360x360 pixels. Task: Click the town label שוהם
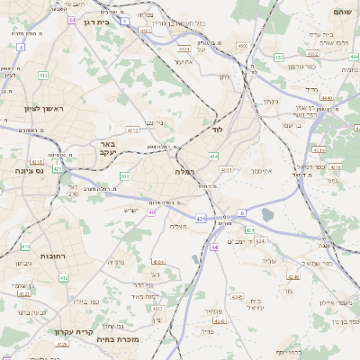[x=341, y=13]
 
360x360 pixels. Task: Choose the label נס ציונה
[x=30, y=169]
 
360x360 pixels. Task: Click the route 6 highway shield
[x=241, y=212]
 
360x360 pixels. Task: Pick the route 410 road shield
[x=25, y=247]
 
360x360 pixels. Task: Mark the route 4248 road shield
[x=237, y=296]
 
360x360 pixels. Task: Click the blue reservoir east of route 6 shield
[x=266, y=215]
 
